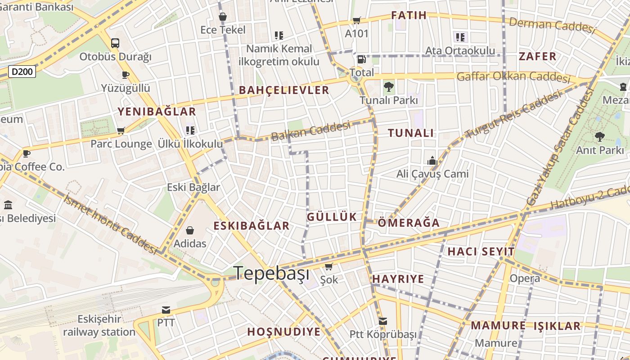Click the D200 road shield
[22, 72]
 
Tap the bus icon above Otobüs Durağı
[115, 43]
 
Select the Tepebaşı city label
[272, 273]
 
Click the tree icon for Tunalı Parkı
[389, 86]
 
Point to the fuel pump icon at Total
[361, 59]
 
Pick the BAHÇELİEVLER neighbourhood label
[284, 90]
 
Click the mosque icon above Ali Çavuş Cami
[432, 161]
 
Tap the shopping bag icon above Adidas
[190, 231]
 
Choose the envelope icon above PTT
[166, 310]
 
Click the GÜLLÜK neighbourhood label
[332, 217]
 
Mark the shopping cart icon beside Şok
[329, 267]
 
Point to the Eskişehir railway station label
[99, 326]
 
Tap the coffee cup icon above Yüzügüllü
[125, 75]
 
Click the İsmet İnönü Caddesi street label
[110, 224]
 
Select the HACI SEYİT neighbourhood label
[481, 252]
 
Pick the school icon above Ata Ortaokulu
[460, 37]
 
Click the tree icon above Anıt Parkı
[599, 136]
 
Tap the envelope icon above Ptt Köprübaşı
[382, 321]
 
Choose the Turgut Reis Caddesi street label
[513, 114]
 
